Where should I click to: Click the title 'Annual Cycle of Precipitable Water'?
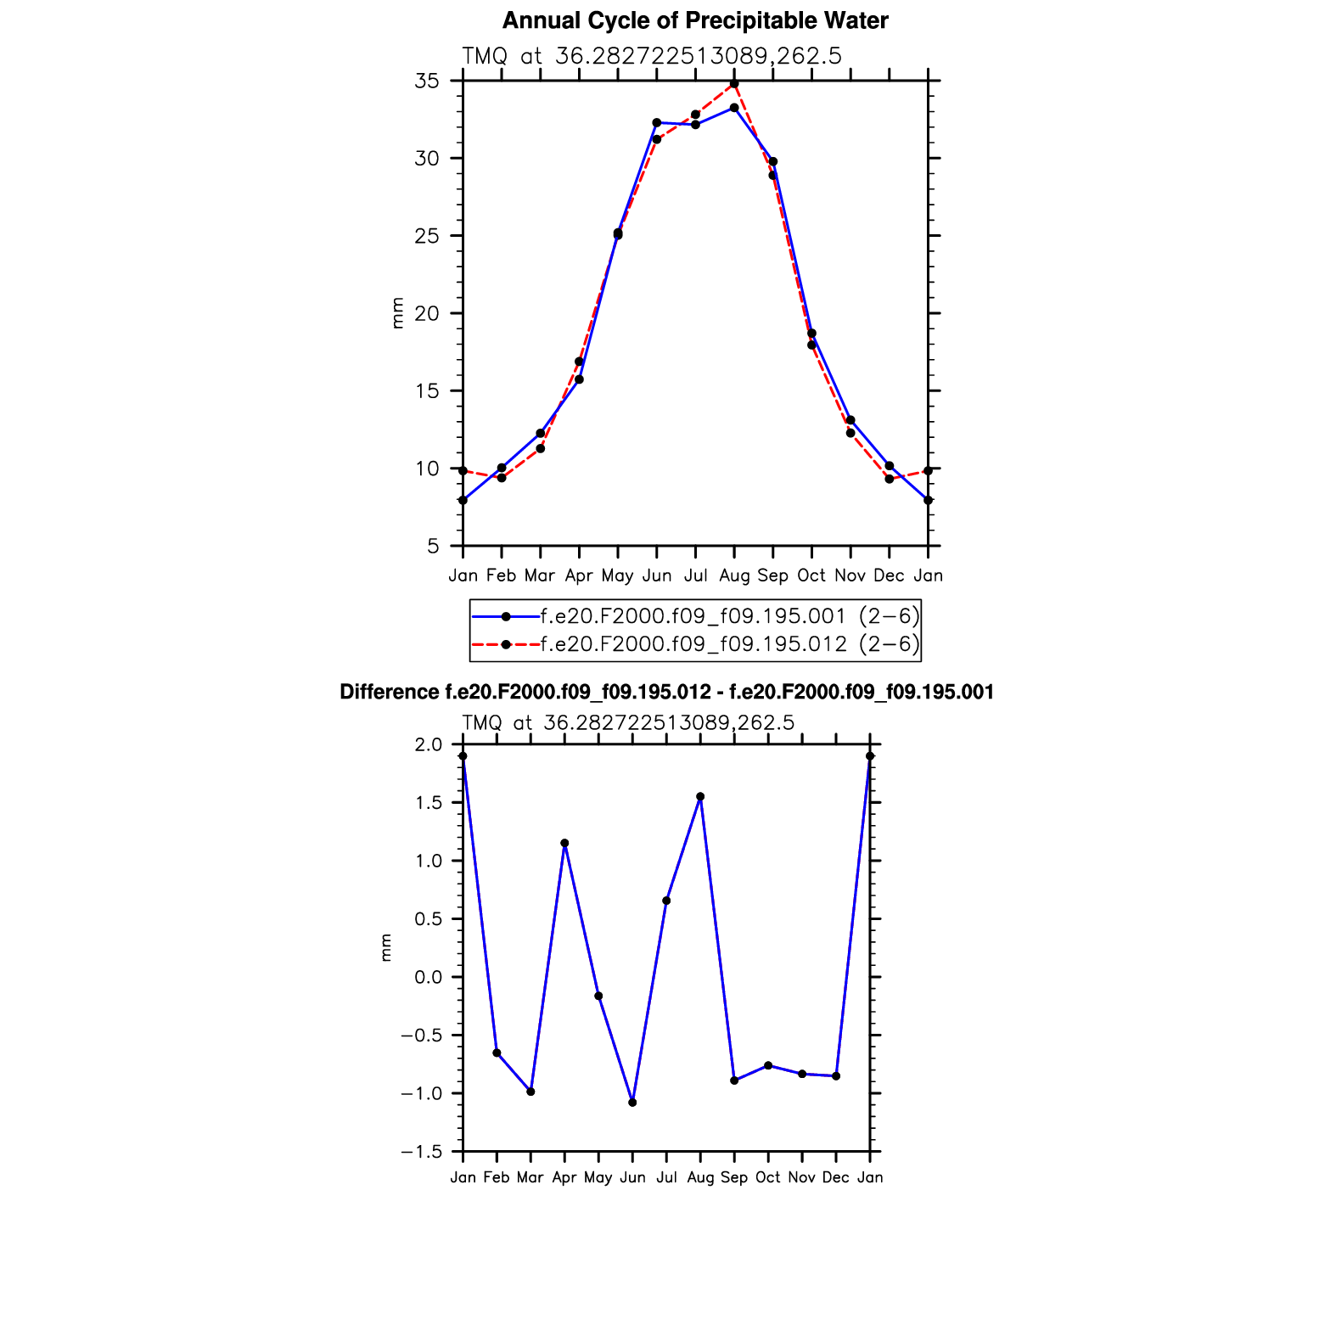(695, 20)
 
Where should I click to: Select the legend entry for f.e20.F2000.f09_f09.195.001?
(729, 616)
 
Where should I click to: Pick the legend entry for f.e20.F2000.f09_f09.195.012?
(729, 644)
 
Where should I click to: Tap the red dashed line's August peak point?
(734, 84)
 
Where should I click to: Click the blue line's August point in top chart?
(734, 108)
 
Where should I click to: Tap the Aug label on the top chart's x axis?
(734, 576)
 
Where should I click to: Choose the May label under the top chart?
(617, 576)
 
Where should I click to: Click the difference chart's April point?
(564, 843)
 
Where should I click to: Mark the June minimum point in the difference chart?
(632, 1102)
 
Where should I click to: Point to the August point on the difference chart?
(700, 796)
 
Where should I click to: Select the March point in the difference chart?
(530, 1092)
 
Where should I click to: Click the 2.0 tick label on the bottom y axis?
(430, 745)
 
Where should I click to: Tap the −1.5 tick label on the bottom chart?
(423, 1152)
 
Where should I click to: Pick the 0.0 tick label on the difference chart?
(430, 977)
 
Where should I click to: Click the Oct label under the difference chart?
(768, 1177)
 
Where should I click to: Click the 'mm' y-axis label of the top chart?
(397, 313)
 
